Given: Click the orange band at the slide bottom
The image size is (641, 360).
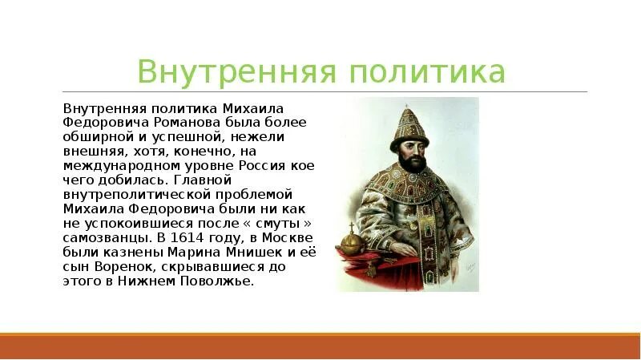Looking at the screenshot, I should [x=320, y=346].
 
